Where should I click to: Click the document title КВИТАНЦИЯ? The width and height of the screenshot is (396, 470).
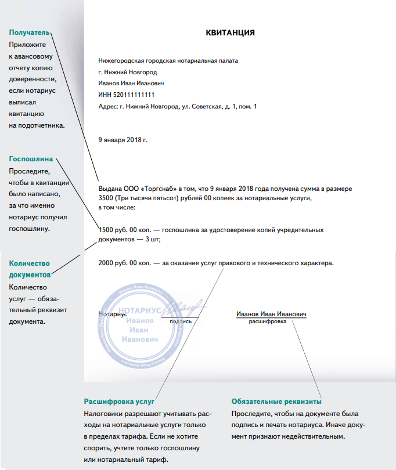click(x=231, y=32)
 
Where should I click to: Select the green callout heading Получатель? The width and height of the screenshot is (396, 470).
click(x=29, y=32)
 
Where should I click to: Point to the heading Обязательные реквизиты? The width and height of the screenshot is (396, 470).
click(x=276, y=402)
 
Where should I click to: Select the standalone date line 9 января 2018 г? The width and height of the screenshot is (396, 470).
click(x=123, y=140)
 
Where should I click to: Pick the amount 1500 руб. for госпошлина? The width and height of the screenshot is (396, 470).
click(x=114, y=229)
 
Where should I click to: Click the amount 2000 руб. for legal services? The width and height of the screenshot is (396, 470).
click(x=115, y=263)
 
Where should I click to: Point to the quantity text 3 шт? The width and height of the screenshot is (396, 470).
click(x=151, y=238)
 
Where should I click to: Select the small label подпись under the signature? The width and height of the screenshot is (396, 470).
click(x=181, y=321)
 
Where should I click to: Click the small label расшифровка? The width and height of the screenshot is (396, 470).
click(x=267, y=321)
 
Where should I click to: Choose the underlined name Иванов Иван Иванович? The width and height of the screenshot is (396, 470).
click(x=271, y=314)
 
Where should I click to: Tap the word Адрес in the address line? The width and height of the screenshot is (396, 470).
click(x=108, y=106)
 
